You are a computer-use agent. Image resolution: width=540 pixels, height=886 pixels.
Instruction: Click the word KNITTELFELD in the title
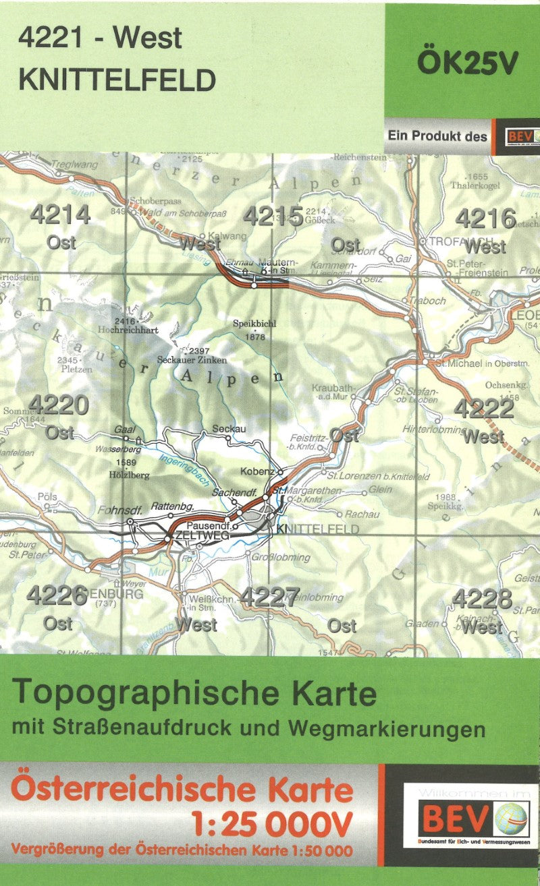[117, 80]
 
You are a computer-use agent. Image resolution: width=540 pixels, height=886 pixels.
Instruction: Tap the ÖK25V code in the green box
[467, 63]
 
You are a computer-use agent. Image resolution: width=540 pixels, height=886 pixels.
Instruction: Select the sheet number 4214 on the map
[60, 215]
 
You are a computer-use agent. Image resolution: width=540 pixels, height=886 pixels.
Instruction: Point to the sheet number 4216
[486, 218]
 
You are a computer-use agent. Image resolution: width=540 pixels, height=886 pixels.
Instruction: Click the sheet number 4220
[59, 405]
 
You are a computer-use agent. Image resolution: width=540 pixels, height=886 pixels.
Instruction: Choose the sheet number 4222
[483, 409]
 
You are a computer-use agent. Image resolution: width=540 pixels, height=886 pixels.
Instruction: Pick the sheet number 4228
[482, 598]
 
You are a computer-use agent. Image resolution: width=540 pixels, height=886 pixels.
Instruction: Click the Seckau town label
[228, 429]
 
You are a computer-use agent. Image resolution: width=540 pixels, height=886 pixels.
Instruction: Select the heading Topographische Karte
[194, 692]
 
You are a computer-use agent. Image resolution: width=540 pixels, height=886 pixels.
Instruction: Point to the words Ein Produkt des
[437, 136]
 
